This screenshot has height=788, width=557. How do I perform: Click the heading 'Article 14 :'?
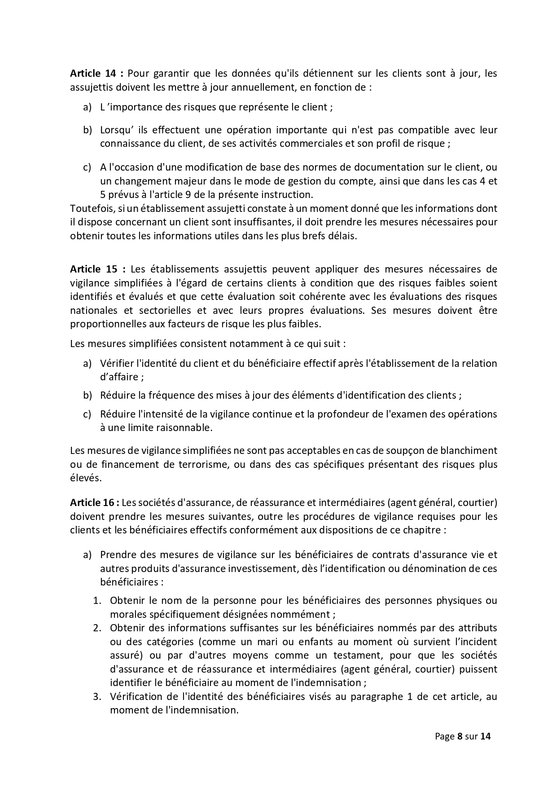click(x=96, y=73)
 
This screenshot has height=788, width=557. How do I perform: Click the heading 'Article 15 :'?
click(x=97, y=269)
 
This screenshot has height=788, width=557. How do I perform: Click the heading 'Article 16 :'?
click(x=94, y=502)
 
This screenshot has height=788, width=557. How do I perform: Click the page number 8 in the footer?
click(x=459, y=736)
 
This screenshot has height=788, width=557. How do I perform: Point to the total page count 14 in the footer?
click(x=485, y=736)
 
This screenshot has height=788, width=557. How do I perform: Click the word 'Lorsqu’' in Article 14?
click(x=117, y=130)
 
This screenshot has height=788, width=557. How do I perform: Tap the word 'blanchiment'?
click(x=471, y=450)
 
